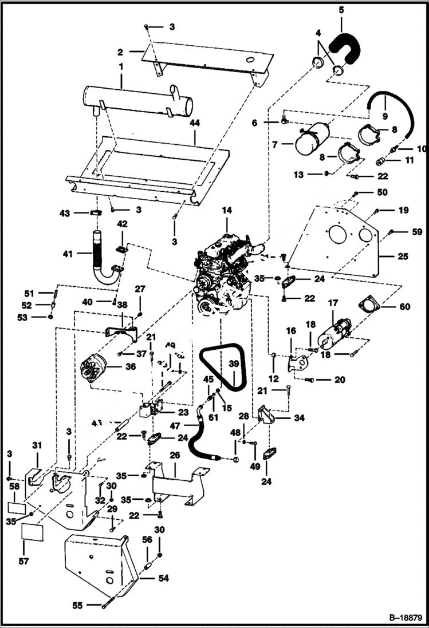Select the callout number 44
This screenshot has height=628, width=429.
click(x=194, y=123)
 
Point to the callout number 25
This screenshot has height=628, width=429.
click(x=403, y=256)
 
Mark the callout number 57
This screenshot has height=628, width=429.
click(x=23, y=562)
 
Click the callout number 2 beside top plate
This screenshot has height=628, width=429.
click(x=121, y=52)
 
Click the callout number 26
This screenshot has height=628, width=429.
click(x=175, y=456)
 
